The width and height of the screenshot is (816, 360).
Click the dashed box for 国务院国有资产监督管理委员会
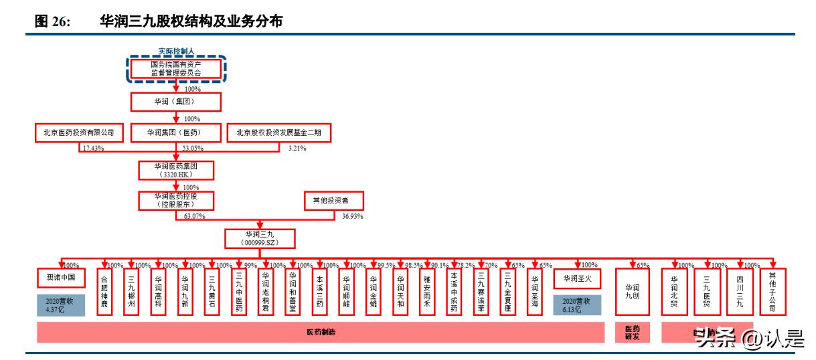[x=175, y=68]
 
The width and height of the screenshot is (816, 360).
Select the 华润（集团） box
[x=175, y=102]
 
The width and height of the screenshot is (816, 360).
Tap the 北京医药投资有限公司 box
[x=80, y=133]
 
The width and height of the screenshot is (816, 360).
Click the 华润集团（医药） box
[x=175, y=133]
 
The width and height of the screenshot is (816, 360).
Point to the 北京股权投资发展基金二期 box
[x=279, y=133]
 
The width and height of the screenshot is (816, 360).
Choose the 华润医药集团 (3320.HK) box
[x=175, y=170]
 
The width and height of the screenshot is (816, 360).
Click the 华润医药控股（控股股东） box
[x=175, y=200]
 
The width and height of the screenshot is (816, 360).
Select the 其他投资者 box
[x=335, y=200]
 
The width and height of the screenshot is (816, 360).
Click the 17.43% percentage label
[x=92, y=148]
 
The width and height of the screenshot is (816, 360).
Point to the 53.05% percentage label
[x=193, y=148]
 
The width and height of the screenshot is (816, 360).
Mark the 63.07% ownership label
[x=194, y=217]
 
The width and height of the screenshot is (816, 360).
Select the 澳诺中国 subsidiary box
[x=61, y=277]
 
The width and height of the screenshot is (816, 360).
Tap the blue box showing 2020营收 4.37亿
[x=61, y=306]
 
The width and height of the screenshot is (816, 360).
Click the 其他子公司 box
[x=773, y=292]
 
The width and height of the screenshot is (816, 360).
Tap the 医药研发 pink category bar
[x=633, y=333]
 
